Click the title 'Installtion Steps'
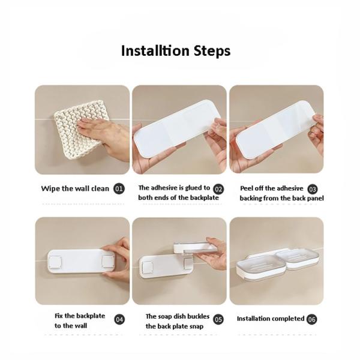175,51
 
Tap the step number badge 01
119,188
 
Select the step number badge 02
218,189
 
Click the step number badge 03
313,189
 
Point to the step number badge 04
119,319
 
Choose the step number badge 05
218,319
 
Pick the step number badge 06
312,319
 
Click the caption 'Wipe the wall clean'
75,188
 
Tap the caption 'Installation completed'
270,319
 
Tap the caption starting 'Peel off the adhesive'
273,193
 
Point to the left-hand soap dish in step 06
260,266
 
